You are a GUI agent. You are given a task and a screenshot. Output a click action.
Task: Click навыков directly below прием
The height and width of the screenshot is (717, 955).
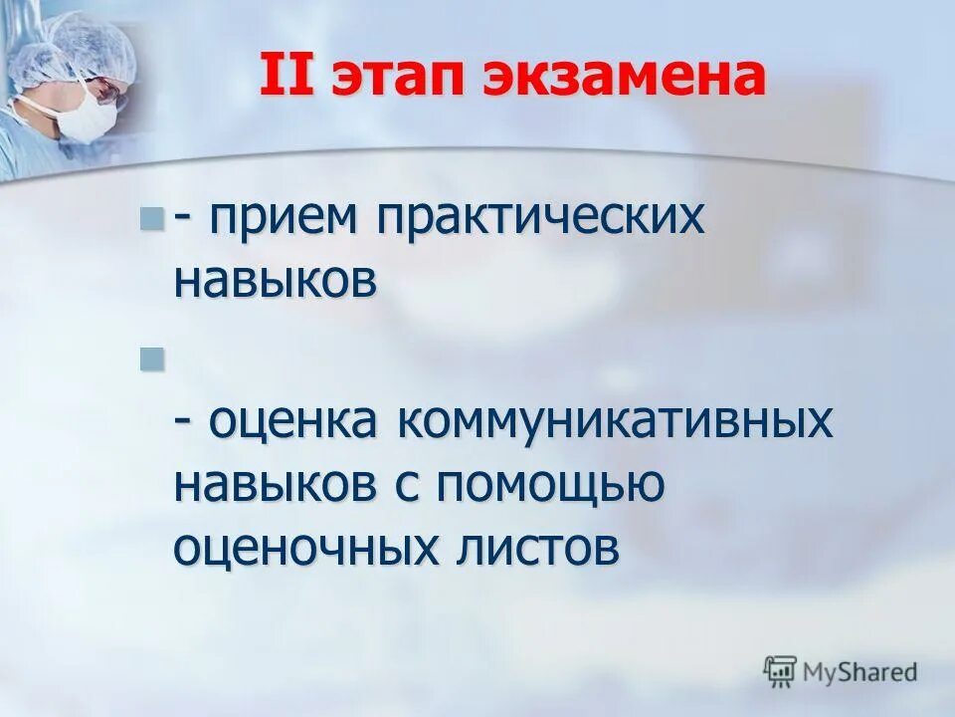click(x=276, y=281)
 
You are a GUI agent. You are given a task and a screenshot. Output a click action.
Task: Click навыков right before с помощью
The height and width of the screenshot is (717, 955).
click(x=276, y=484)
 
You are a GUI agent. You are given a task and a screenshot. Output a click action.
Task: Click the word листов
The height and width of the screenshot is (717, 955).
click(x=538, y=547)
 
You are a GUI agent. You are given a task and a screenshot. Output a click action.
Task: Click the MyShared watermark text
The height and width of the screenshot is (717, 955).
click(x=859, y=672)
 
